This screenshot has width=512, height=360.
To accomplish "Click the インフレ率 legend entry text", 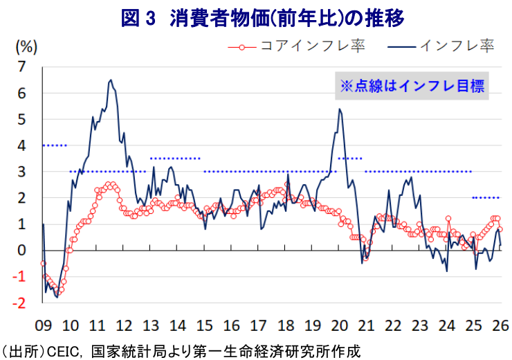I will pos(457,47).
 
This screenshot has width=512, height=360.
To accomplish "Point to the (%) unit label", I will pos(26,47).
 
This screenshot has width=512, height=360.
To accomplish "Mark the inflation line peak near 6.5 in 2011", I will pos(111,80).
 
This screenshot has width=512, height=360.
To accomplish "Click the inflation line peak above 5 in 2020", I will pos(339,109).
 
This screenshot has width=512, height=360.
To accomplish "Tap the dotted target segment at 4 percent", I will pos(54,145).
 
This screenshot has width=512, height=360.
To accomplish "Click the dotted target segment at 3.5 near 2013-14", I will pos(175,158).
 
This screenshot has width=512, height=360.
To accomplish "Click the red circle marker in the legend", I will pos(241,47).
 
